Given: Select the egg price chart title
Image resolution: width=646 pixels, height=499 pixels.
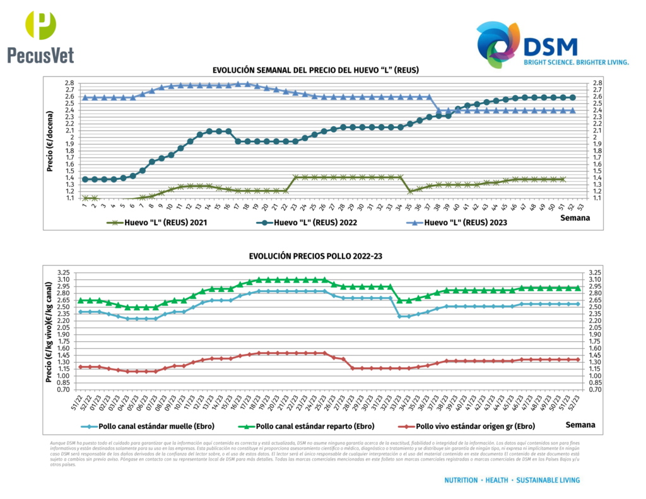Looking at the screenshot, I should click(315, 70).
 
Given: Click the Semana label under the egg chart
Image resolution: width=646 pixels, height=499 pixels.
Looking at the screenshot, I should click(575, 218).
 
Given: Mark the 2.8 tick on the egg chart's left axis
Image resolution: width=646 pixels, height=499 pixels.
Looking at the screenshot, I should click(69, 83).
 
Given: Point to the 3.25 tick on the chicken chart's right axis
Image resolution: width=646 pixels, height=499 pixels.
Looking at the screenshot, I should click(595, 273).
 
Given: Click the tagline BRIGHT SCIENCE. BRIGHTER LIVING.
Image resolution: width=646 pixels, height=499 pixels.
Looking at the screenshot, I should click(577, 62).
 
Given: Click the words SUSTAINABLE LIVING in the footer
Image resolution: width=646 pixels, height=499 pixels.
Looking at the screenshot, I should click(548, 480).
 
